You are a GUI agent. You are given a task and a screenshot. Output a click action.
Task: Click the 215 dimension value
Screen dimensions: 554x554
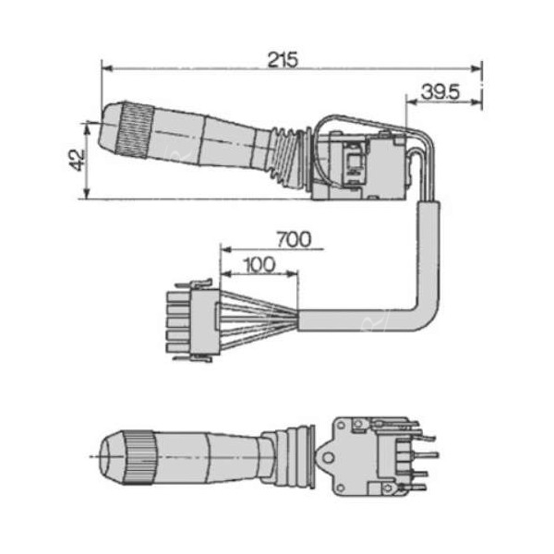[x=283, y=59]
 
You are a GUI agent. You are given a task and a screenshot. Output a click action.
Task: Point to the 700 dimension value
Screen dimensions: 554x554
[x=293, y=239]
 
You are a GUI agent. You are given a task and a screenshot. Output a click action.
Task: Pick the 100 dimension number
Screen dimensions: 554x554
[x=259, y=264]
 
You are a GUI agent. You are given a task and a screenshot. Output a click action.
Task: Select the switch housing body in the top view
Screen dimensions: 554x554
[x=360, y=166]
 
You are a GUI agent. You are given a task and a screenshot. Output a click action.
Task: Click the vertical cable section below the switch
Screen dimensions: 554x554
[x=427, y=249]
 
